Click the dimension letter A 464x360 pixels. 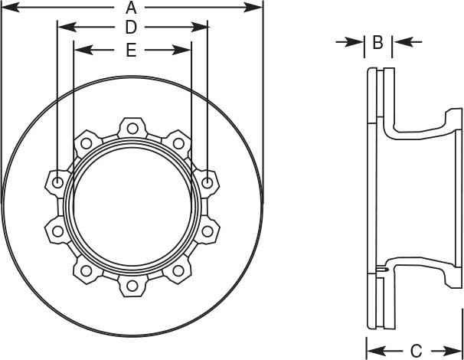click(x=132, y=8)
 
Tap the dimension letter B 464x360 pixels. click(x=377, y=43)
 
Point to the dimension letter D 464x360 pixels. click(x=131, y=28)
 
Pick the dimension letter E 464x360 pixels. click(x=131, y=51)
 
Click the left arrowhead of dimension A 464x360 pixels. click(x=7, y=8)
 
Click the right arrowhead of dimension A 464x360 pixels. click(x=257, y=8)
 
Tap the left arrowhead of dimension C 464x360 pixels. click(x=372, y=347)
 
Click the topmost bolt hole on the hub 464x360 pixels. click(x=132, y=126)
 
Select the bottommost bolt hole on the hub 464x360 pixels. click(x=132, y=286)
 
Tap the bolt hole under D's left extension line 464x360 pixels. click(x=57, y=182)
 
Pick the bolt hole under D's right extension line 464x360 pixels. click(x=208, y=182)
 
